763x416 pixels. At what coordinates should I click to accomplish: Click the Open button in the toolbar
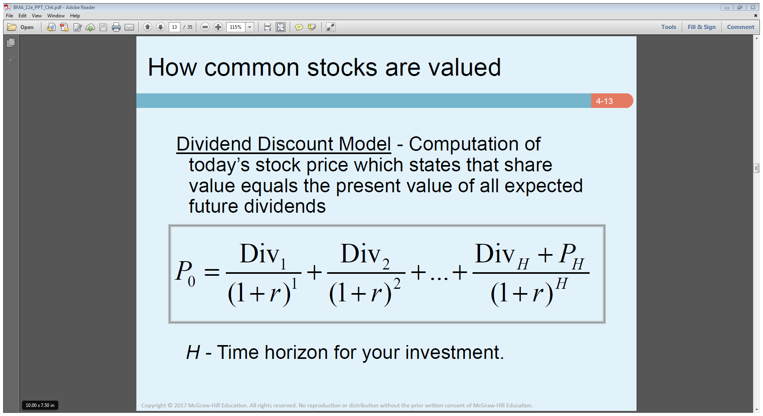tap(21, 27)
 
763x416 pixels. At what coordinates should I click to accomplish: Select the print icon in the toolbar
tap(116, 27)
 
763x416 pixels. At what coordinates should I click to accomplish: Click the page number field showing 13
tap(175, 27)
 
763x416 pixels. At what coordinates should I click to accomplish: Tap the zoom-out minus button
tap(205, 27)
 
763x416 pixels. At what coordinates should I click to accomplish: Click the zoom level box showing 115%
tap(236, 27)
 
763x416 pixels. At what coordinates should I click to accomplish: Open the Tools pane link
tap(669, 27)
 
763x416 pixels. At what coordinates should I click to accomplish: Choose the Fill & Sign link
tap(702, 27)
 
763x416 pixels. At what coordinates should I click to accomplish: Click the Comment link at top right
tap(741, 27)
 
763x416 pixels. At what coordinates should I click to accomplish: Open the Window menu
tap(56, 16)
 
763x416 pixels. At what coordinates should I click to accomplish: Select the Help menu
tap(75, 16)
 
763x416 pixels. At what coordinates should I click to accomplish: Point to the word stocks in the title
tap(342, 67)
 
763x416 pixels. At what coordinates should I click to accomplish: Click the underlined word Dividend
tap(214, 144)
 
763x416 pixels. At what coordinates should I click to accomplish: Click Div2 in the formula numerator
tap(365, 255)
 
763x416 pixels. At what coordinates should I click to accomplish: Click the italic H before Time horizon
tap(193, 352)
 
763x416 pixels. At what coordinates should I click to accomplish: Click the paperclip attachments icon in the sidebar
tap(11, 59)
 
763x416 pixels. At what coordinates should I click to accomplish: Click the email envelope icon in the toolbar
tap(129, 27)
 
